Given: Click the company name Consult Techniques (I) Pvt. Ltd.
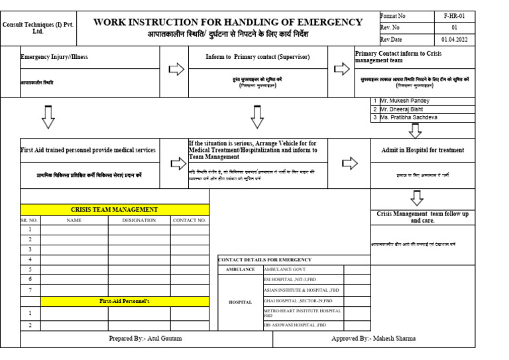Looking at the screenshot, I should click(38, 27).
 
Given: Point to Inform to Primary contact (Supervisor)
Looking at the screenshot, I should click(257, 57).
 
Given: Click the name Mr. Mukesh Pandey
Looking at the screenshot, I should click(405, 101).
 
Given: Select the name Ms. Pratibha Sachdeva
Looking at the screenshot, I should click(409, 117).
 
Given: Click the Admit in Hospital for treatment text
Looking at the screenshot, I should click(423, 150).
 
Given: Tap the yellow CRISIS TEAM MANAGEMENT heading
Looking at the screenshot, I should click(115, 210).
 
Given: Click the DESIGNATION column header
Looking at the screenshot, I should click(139, 220).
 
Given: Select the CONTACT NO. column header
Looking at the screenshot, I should click(189, 220).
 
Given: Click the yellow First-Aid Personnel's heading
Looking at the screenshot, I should click(125, 301).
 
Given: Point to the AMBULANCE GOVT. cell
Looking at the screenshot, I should click(284, 270).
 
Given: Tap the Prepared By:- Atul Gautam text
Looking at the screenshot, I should click(145, 339).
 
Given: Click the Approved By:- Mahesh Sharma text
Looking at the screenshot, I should click(374, 339).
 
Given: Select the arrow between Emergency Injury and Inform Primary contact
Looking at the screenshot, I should click(178, 68).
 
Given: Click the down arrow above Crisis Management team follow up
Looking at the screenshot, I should click(416, 198).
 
